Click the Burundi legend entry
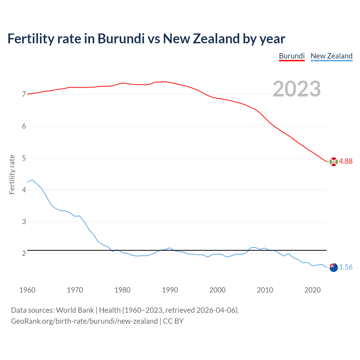(292, 56)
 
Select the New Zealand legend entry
(331, 56)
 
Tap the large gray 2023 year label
(297, 89)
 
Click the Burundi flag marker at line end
(333, 162)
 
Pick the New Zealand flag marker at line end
(333, 267)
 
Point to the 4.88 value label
(346, 161)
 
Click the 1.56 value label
(346, 267)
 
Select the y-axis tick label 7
(24, 94)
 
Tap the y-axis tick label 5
(24, 158)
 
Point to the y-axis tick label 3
(24, 222)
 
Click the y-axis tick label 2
(24, 253)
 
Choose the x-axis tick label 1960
(27, 290)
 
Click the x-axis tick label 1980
(122, 290)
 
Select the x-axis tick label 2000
(217, 290)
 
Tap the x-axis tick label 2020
(312, 290)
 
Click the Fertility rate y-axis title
(12, 174)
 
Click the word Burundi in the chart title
(121, 39)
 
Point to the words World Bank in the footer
(75, 310)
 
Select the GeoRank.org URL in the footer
(84, 321)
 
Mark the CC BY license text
(173, 321)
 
